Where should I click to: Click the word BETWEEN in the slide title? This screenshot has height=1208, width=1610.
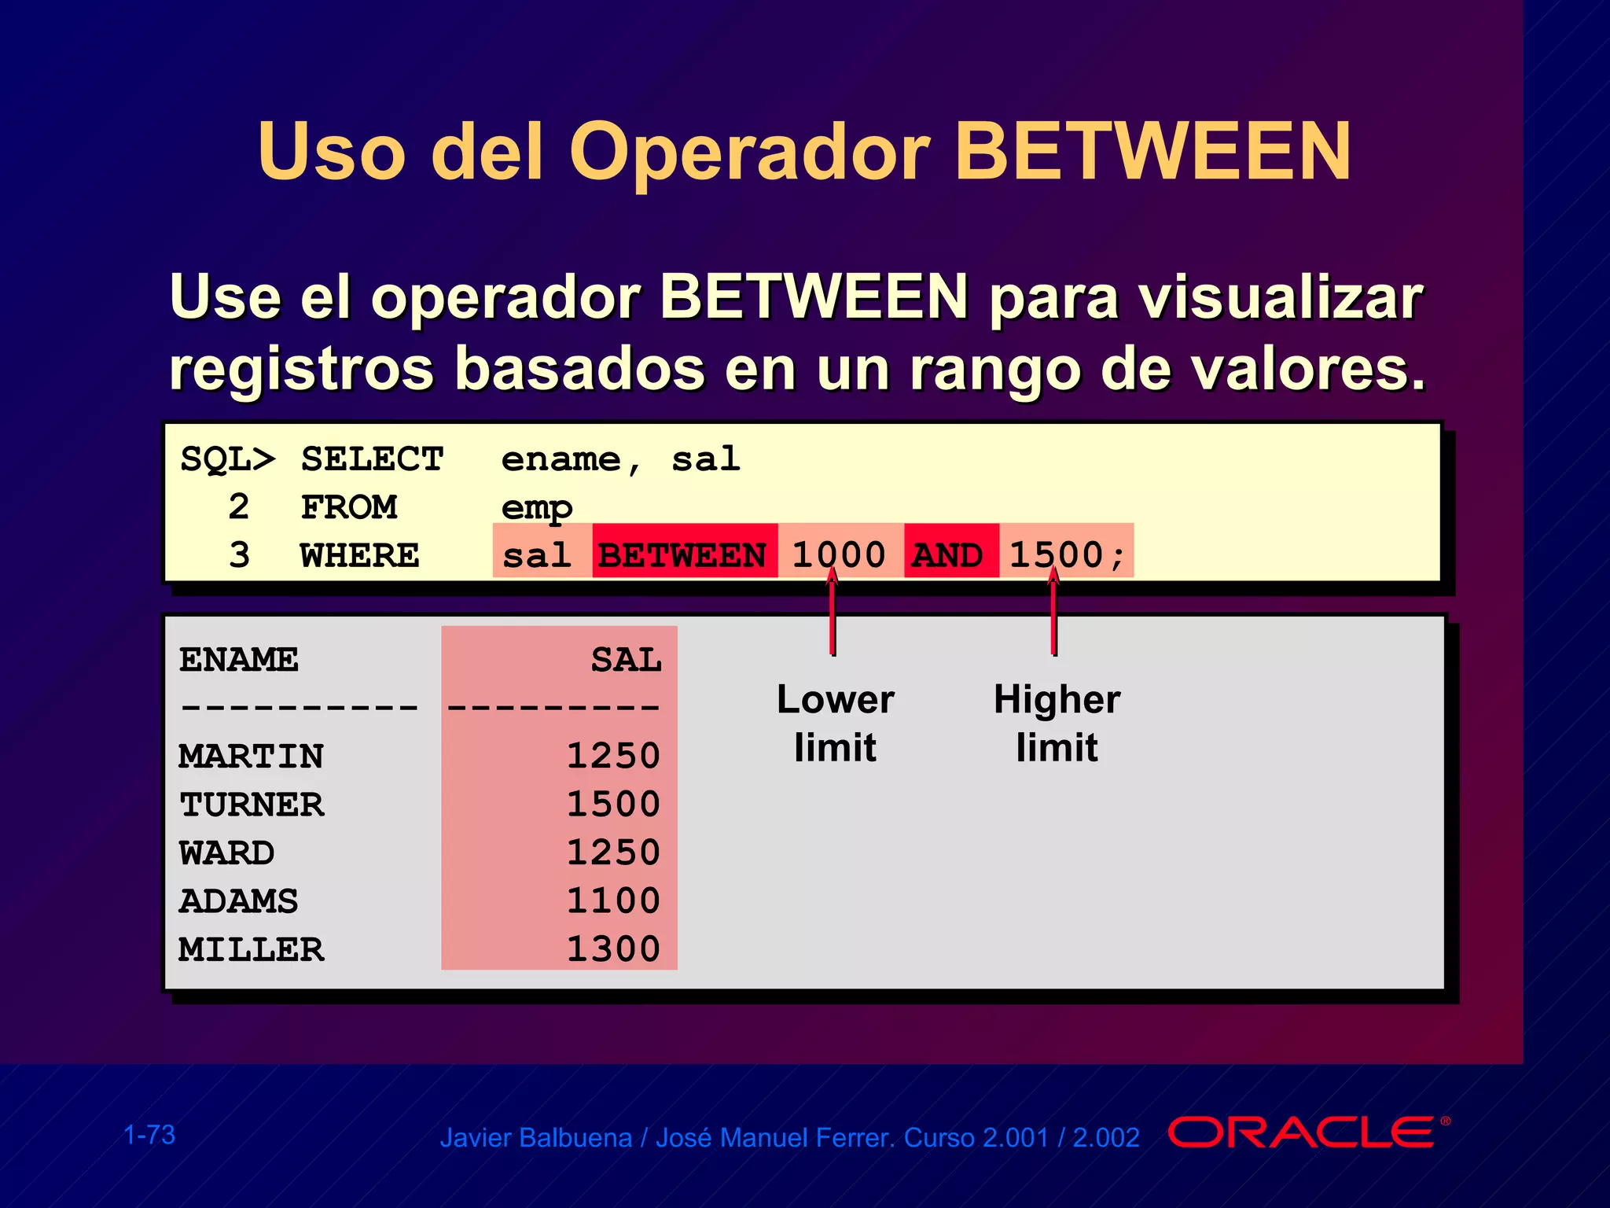1152,151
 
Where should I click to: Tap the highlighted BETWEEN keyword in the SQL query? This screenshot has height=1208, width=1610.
682,555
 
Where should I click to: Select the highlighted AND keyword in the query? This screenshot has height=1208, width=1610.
948,555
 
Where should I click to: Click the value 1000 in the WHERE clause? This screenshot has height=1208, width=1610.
838,554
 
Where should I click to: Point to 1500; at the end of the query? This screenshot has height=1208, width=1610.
1066,554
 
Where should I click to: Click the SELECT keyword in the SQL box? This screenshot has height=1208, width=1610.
372,459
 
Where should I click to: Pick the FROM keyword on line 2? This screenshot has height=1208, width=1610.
349,507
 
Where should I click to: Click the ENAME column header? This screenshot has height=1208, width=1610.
238,659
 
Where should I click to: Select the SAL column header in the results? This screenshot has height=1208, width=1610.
626,659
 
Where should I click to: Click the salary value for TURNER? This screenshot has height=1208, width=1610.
613,804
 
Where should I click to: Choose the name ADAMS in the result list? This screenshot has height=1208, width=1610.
238,900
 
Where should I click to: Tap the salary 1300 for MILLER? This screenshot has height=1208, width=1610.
613,948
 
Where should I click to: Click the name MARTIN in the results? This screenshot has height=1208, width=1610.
251,756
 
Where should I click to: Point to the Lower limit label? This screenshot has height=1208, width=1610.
835,723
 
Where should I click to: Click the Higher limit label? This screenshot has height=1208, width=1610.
1057,723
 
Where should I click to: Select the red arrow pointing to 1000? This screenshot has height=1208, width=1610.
833,613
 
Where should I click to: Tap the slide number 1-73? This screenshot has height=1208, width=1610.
149,1135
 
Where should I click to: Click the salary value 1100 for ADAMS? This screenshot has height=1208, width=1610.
613,900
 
